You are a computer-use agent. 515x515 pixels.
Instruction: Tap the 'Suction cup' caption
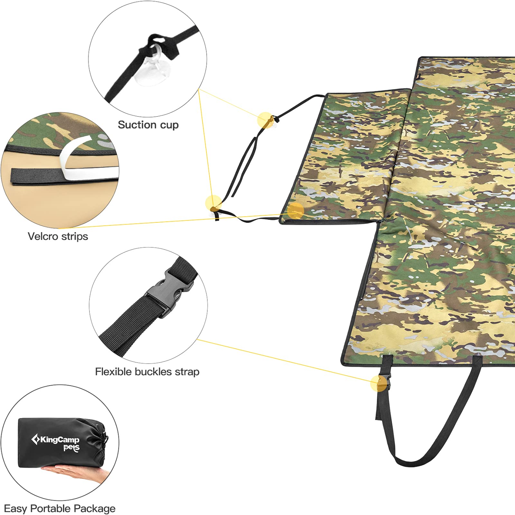pyautogui.click(x=148, y=125)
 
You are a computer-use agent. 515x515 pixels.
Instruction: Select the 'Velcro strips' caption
pyautogui.click(x=58, y=236)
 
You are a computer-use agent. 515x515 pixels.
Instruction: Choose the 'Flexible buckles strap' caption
pyautogui.click(x=147, y=372)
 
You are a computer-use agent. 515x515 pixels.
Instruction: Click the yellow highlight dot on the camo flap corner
pyautogui.click(x=296, y=211)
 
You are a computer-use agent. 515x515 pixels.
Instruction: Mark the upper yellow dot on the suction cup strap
pyautogui.click(x=266, y=120)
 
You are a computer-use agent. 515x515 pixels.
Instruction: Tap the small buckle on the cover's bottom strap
pyautogui.click(x=384, y=383)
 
